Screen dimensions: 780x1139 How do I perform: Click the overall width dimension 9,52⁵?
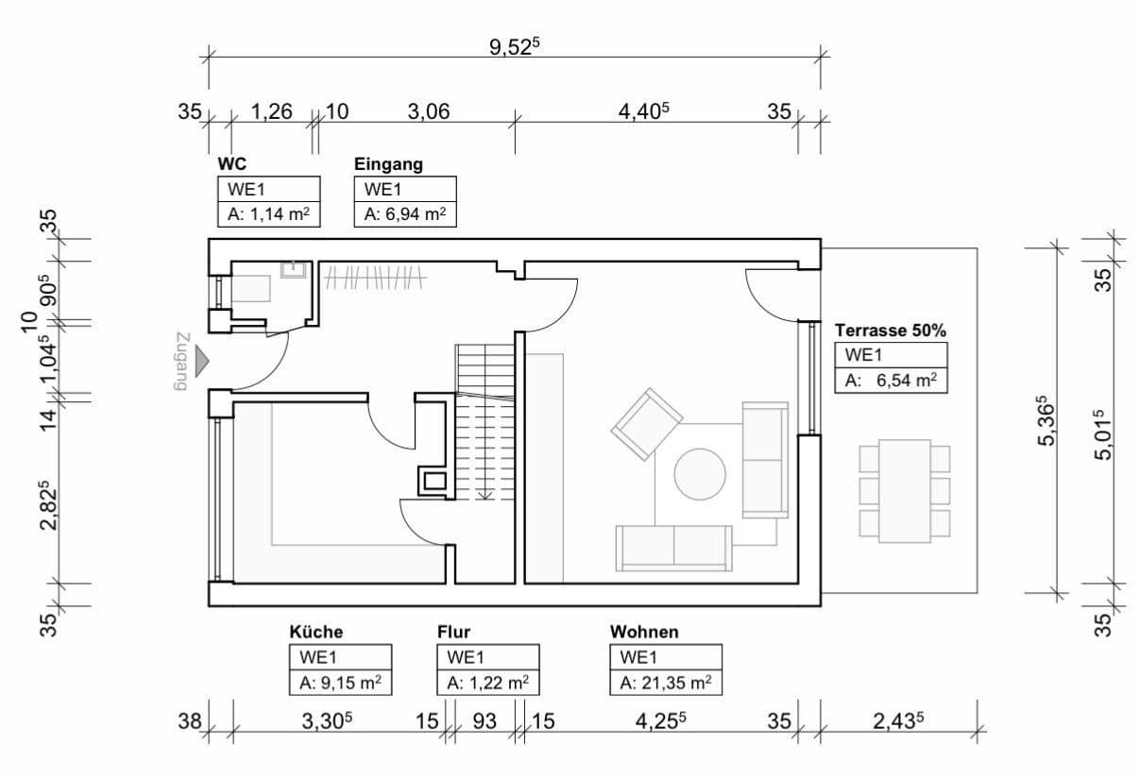[514, 47]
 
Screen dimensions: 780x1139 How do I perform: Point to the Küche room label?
[316, 632]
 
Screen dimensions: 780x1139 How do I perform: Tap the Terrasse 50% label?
[891, 331]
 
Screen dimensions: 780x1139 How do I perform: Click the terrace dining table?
[904, 489]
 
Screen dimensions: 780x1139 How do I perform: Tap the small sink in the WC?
[293, 270]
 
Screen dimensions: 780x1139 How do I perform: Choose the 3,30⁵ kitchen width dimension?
[327, 721]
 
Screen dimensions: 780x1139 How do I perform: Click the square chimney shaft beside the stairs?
[433, 482]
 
